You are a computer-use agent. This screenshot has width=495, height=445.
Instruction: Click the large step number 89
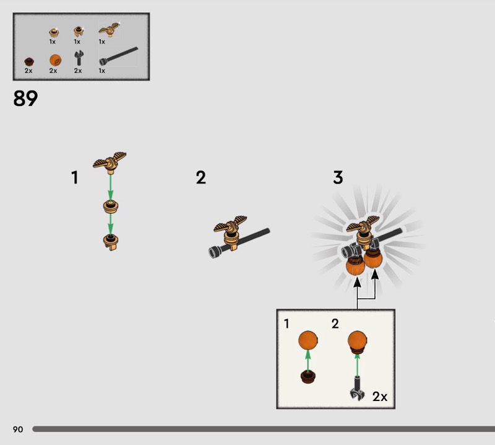click(x=25, y=99)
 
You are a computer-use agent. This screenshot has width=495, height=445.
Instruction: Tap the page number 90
click(x=18, y=429)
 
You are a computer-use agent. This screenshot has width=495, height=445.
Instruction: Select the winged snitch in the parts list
click(x=110, y=29)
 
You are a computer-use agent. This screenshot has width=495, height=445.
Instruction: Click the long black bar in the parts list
click(x=119, y=56)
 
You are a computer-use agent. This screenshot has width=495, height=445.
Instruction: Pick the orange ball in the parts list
click(x=55, y=60)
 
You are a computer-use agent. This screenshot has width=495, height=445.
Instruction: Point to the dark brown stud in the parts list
click(x=29, y=61)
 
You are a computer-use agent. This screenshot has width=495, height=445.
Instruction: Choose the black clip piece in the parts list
click(x=79, y=58)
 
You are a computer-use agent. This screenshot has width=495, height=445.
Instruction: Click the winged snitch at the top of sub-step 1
click(x=110, y=162)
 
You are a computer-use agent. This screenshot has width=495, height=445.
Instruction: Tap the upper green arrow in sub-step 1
click(x=110, y=187)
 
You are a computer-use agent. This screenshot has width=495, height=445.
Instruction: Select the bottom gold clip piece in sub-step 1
click(x=111, y=242)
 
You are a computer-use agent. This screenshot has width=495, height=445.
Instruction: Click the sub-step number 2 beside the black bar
click(x=200, y=177)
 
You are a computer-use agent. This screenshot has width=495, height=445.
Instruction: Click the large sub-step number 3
click(x=338, y=177)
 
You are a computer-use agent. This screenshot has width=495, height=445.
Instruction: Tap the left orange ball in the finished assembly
click(x=355, y=266)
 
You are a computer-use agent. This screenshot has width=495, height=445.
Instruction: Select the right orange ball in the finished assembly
click(x=373, y=258)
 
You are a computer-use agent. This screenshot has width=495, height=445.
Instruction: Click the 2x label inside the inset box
click(x=380, y=396)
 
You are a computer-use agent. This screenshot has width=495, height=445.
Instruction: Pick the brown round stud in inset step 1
click(x=308, y=376)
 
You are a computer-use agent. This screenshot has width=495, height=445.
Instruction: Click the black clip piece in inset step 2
click(x=357, y=389)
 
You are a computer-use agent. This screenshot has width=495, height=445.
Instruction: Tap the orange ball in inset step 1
click(x=308, y=341)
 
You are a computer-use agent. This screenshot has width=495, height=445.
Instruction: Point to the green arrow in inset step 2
click(x=357, y=365)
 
